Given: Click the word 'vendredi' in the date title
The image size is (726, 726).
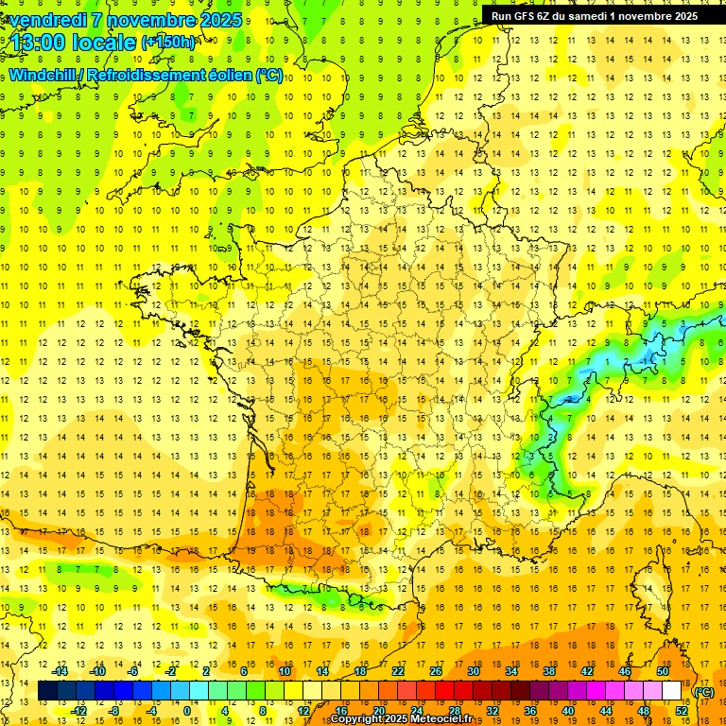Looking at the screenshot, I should coord(47,20).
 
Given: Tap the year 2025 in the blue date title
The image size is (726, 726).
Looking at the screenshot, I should coord(220,20).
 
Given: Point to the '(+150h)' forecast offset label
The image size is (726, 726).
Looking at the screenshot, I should coord(168,43).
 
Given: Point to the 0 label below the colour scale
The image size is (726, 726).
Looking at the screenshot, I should coord(186,711).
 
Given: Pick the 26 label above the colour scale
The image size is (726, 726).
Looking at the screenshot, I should coord(436,671).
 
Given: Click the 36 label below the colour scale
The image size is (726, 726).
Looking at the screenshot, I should coord(530,711).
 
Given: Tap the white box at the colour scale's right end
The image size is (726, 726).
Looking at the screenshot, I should coord(672,691).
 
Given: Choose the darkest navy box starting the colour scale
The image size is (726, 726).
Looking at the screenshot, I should coord(47,691).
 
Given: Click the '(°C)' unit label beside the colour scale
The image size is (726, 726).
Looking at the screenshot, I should coord(703,692).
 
